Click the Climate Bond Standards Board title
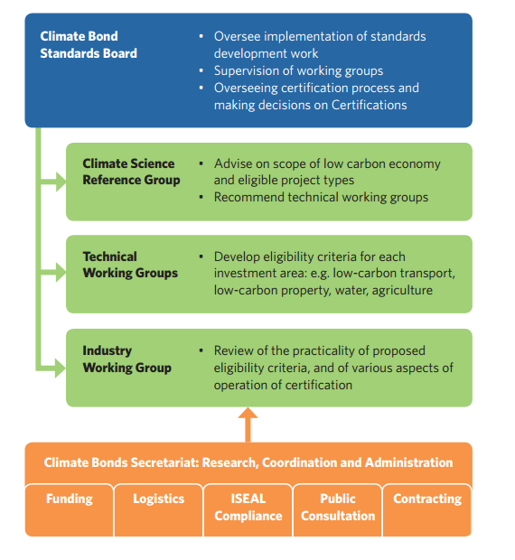pos(89,44)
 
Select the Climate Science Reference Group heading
pos(131,172)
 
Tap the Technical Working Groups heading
pos(130,265)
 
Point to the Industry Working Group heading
pos(126,359)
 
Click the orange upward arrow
pos(248,425)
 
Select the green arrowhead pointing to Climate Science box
pos(61,182)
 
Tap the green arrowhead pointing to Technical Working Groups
pos(61,272)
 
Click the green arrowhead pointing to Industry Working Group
pos(61,368)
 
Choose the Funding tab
pos(70,510)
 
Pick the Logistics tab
pos(159,510)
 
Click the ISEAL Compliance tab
pos(248,510)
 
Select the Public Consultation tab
pos(338,510)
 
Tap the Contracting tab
pos(427,510)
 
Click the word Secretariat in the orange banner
pos(164,462)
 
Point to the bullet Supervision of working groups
pos(298,70)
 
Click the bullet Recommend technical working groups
pos(321,197)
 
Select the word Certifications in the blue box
pos(370,105)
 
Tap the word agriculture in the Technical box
pos(402,290)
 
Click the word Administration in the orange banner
pos(408,462)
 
